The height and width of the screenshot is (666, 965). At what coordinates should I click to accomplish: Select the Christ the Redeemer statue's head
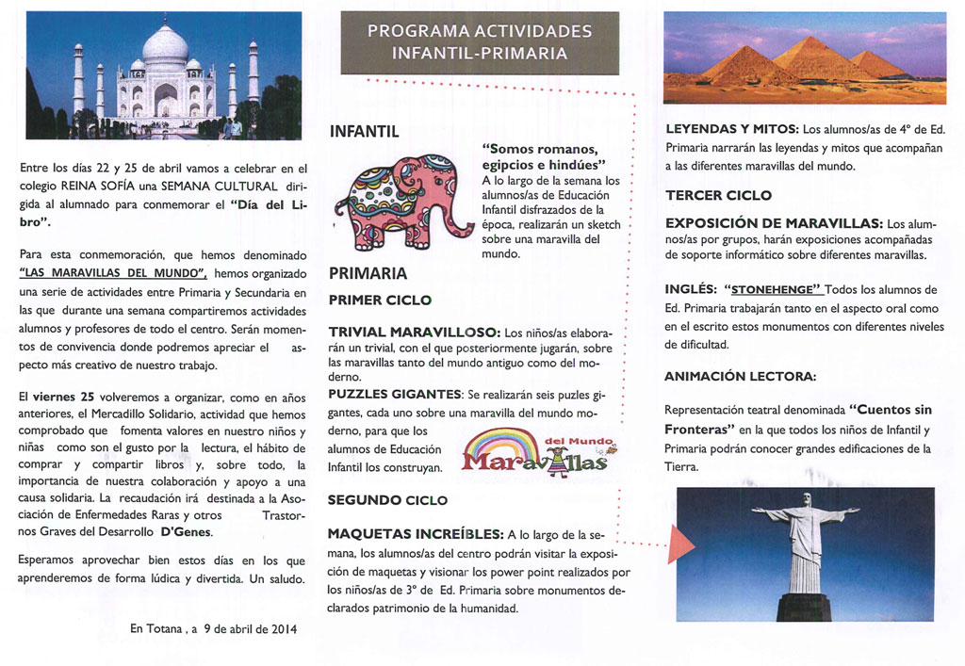pos(806,499)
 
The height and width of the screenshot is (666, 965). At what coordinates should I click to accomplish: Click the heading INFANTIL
pos(364,132)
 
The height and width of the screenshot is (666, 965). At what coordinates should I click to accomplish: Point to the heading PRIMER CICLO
pos(380,301)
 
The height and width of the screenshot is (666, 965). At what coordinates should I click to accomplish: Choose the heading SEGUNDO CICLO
pos(387,499)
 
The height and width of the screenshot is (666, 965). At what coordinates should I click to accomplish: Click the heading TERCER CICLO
pos(718,196)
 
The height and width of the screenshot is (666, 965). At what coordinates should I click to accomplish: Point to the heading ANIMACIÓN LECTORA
pos(741,376)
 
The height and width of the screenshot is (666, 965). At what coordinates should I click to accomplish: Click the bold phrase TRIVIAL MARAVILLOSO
pos(413,333)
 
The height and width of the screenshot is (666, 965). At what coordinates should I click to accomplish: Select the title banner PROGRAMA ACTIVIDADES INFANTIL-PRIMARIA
pos(480,42)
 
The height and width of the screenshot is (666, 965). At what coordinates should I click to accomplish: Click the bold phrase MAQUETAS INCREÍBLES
pos(415,534)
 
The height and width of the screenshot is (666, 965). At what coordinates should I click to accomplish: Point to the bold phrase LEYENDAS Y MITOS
pos(731,128)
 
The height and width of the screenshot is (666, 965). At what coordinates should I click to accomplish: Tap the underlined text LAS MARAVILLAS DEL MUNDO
pos(113,273)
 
